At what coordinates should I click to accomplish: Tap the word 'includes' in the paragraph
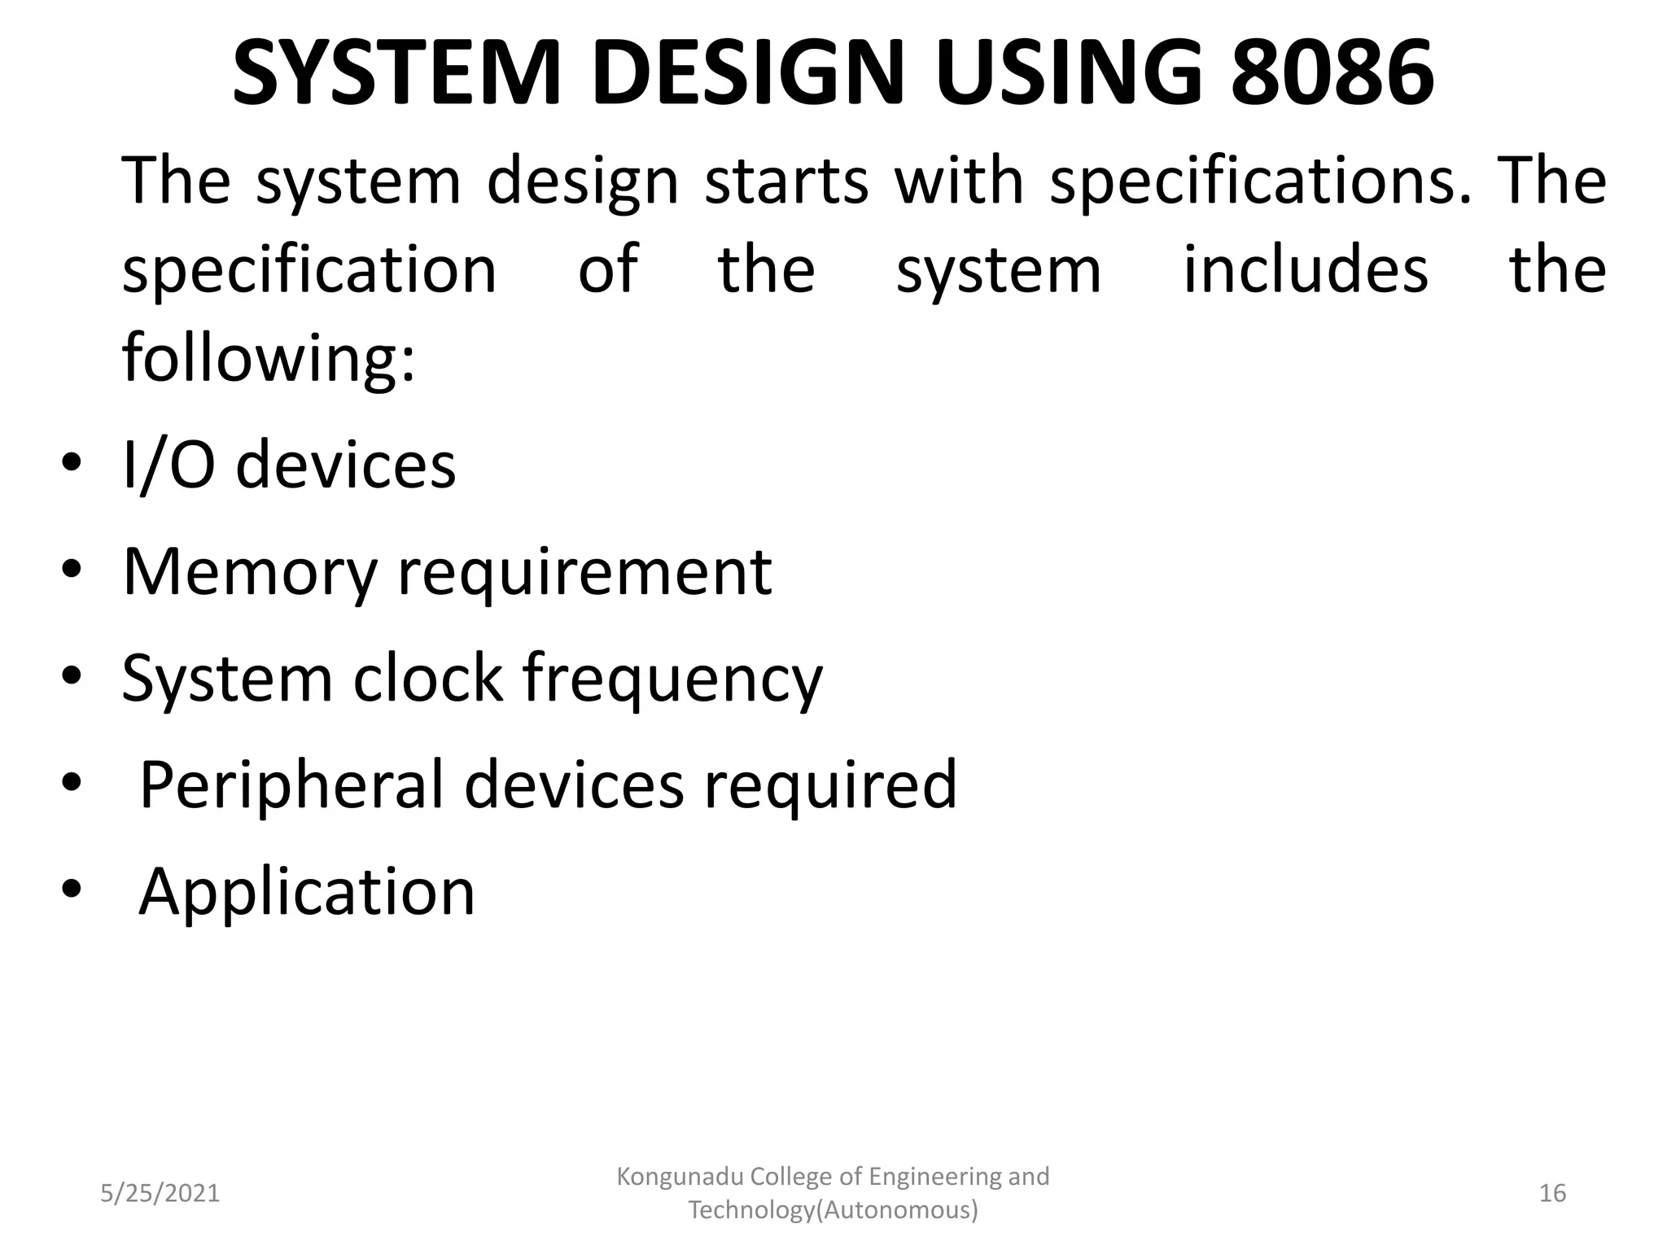(1305, 269)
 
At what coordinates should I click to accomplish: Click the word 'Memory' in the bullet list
(250, 573)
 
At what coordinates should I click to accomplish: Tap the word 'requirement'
(584, 573)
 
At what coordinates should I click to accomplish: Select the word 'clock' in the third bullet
(427, 678)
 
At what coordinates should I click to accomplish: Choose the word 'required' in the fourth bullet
(830, 785)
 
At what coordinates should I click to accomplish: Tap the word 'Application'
(307, 893)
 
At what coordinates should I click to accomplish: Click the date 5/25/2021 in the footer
(160, 1193)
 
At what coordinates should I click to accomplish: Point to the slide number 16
(1552, 1193)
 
